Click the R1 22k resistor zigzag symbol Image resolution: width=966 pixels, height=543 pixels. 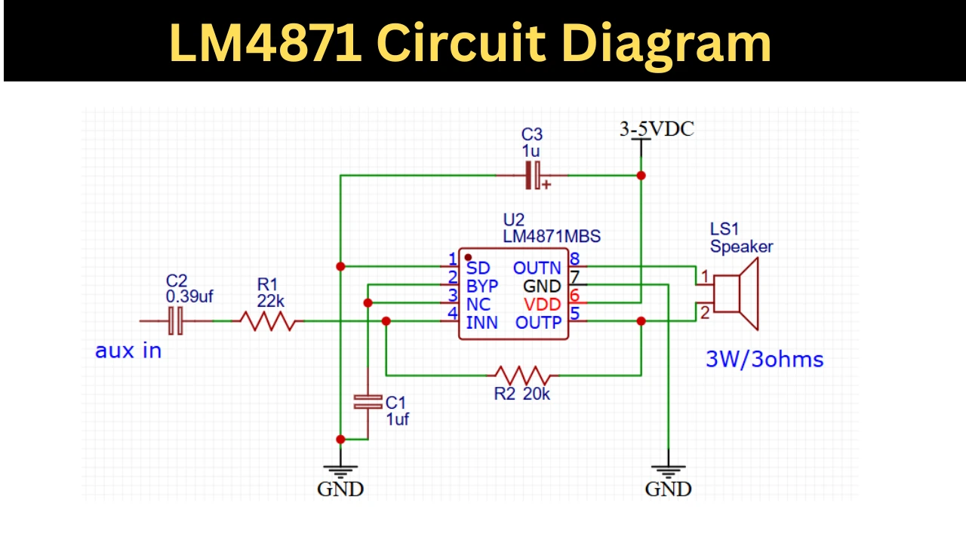coord(268,321)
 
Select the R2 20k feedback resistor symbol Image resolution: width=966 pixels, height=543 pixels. coord(523,376)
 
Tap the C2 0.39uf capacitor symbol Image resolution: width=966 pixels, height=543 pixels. coord(176,321)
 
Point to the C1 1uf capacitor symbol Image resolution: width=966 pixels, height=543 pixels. coord(368,402)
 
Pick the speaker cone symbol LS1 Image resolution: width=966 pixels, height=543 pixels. coord(736,294)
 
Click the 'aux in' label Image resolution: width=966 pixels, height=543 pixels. coord(128,351)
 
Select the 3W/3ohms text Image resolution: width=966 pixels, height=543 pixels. coord(764,360)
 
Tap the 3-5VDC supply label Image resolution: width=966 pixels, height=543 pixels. coord(657,129)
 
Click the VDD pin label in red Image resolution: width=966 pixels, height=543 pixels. coord(542,305)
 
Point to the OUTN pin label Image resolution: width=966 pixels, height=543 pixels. coord(537,268)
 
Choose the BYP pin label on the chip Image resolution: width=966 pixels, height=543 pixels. coord(482,286)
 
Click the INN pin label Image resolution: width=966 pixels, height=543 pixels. coord(481,323)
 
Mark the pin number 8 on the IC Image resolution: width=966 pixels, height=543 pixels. coord(574,259)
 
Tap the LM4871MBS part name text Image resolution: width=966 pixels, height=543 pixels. coord(552,236)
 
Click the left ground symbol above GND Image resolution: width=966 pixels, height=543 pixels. coord(340,471)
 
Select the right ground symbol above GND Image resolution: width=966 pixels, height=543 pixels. coord(669,471)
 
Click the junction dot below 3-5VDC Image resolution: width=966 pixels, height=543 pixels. coord(641,176)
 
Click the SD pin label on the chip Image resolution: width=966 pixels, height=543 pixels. coord(478,268)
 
